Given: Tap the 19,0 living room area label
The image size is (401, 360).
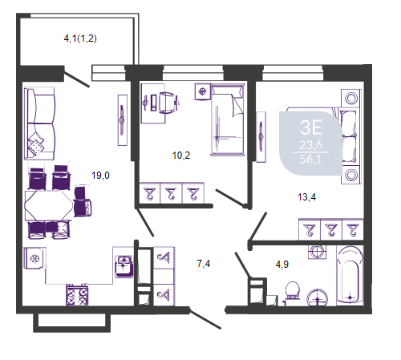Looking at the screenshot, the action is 100,176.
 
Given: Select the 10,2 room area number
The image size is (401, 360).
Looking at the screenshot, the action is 181,156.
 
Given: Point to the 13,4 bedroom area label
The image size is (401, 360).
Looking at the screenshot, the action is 306,197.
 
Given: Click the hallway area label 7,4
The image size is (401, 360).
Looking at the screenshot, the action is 204,264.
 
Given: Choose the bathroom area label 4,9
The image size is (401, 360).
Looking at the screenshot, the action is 282,265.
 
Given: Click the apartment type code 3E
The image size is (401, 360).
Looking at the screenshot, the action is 310,127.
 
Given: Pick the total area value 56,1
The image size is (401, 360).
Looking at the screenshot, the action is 310,160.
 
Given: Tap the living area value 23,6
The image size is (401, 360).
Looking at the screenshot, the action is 310,145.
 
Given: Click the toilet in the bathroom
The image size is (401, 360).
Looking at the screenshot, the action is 292,293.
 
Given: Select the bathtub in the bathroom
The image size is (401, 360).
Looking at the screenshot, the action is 350,276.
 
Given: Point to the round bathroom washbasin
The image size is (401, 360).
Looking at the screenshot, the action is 318,297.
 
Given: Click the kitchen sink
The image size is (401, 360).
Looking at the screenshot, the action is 124,266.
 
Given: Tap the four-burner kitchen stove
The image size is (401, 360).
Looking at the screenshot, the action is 77,295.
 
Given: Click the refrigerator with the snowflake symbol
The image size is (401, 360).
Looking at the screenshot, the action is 34,258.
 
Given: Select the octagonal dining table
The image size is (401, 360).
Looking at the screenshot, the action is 49,205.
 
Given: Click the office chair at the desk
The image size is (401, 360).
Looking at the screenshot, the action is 168,103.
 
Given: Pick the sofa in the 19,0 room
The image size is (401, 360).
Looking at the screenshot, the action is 39,123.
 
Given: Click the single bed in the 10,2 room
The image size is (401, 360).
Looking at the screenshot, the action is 228,119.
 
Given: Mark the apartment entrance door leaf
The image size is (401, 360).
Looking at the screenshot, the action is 205,319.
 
